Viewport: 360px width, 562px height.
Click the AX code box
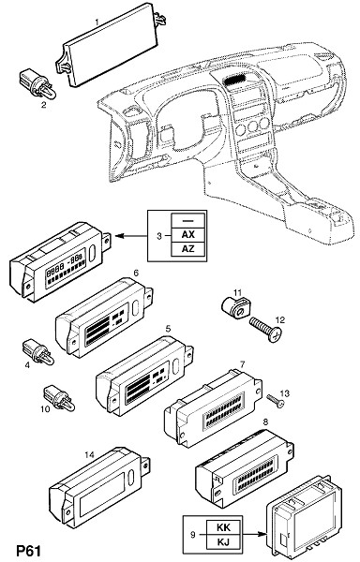(188, 234)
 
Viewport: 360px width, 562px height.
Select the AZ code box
(188, 249)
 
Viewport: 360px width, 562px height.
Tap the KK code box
(224, 527)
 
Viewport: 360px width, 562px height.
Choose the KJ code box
(224, 541)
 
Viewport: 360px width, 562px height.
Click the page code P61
(29, 551)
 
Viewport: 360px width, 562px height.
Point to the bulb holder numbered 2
(37, 85)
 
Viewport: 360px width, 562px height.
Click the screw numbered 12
(265, 329)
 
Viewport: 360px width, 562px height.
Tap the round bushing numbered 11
(234, 307)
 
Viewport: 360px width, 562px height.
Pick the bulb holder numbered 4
(38, 351)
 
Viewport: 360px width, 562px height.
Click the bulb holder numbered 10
(59, 398)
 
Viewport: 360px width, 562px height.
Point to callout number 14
(89, 455)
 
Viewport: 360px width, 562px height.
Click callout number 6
(136, 273)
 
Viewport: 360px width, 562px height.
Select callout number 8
(265, 421)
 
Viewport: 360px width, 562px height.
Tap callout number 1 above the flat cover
(97, 22)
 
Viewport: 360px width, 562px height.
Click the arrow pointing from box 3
(132, 236)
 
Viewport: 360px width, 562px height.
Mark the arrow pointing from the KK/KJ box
(255, 535)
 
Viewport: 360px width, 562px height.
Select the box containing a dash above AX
(188, 220)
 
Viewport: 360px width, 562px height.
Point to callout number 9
(193, 535)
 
